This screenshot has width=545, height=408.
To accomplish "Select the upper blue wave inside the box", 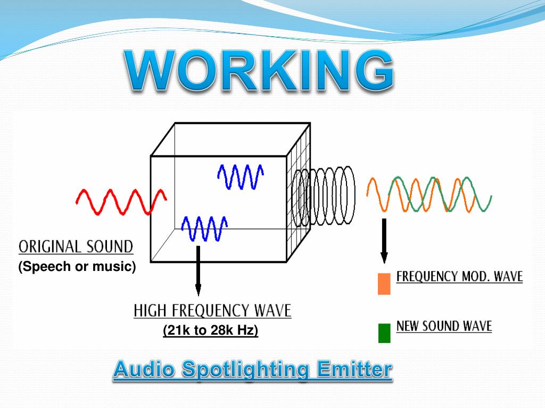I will (x=241, y=176).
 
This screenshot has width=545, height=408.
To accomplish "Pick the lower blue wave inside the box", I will (x=204, y=228).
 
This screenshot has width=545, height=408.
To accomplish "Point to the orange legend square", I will (x=384, y=284).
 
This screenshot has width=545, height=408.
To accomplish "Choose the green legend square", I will (x=384, y=333).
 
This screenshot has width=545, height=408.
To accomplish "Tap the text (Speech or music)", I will (x=77, y=266).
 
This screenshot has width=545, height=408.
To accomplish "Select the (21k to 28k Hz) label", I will (x=211, y=331).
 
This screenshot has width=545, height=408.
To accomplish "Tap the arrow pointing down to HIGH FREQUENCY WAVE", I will (x=198, y=271).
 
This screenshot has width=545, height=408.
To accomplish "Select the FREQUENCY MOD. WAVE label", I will (x=460, y=277).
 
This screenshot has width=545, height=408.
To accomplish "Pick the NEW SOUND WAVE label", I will (x=444, y=326).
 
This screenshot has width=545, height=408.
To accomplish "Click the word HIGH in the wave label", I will (x=150, y=311).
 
